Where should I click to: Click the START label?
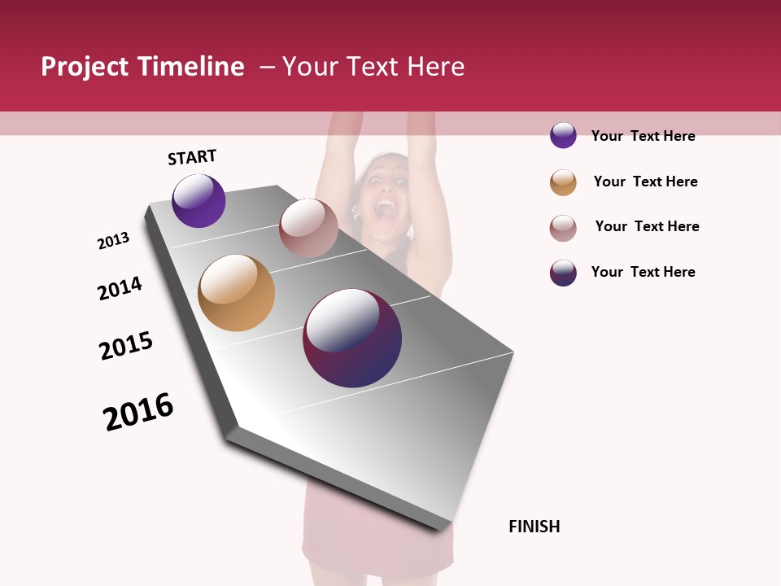192,157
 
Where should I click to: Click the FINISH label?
534,527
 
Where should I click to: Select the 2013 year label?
114,241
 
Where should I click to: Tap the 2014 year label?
120,288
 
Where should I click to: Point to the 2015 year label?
126,346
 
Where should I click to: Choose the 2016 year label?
138,412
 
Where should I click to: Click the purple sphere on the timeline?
199,201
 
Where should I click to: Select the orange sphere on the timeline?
236,293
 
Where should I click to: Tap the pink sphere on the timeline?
308,228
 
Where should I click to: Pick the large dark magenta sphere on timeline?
352,338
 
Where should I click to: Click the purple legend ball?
563,135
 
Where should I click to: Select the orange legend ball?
563,182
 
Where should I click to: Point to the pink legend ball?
563,228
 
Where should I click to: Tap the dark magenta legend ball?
563,273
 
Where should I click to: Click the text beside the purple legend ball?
643,136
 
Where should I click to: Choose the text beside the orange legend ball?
645,181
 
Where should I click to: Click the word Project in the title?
85,67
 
